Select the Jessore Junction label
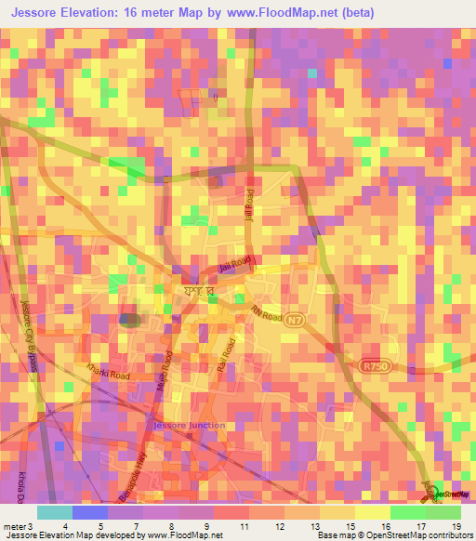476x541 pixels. (187, 425)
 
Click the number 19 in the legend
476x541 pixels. (455, 527)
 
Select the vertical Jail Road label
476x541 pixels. (249, 200)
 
